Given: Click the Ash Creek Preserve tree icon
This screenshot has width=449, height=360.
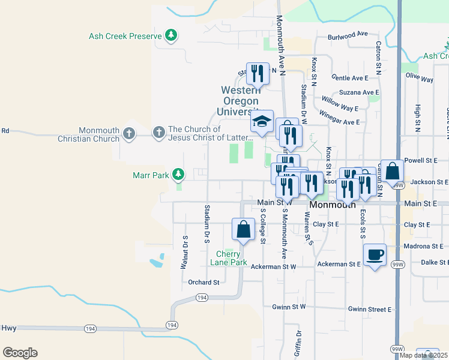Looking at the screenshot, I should [x=172, y=35].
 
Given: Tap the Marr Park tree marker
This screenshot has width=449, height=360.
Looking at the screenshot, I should [x=178, y=175].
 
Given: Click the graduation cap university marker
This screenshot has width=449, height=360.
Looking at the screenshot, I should [x=262, y=121].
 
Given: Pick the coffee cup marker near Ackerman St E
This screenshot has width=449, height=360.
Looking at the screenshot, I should [x=375, y=254].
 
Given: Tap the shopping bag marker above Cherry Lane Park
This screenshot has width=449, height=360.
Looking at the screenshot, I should [x=243, y=229].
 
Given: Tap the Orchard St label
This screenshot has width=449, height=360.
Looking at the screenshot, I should [x=203, y=282].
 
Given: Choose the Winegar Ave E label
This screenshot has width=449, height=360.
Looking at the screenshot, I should [x=339, y=121].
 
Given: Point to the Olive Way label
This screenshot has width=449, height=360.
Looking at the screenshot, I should [x=419, y=79].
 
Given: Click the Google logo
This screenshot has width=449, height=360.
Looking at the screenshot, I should [x=20, y=353].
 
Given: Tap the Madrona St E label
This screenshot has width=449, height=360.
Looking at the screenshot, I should [x=424, y=246].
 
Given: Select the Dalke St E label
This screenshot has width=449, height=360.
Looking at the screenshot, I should [x=435, y=262].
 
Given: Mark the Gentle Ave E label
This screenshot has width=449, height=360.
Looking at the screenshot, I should [x=349, y=78].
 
